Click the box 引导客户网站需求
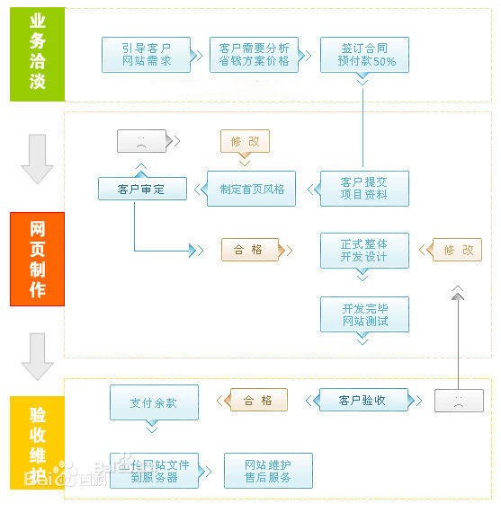[147, 55]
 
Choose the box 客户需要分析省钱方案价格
[255, 55]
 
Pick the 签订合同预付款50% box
[363, 55]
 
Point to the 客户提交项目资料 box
[363, 189]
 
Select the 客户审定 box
[142, 190]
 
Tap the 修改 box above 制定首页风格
[245, 142]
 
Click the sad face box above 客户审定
[141, 141]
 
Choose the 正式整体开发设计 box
[364, 251]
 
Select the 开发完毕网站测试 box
[364, 314]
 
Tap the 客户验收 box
[362, 401]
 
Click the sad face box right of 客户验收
[458, 401]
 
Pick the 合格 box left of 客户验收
[257, 401]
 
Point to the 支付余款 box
[153, 403]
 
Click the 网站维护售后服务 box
[267, 470]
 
